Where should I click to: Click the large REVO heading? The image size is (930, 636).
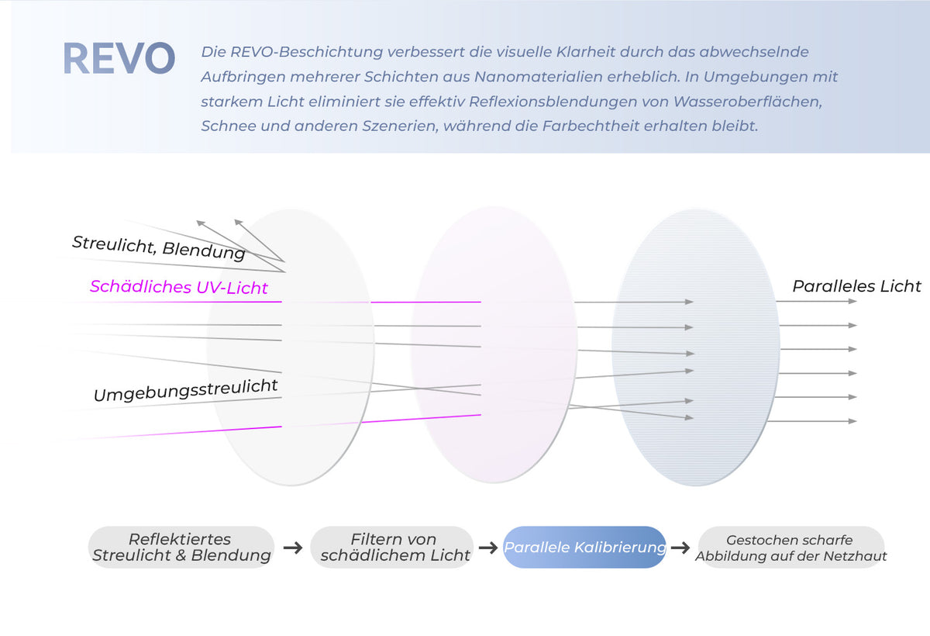[119, 58]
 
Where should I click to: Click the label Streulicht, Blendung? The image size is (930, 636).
[159, 247]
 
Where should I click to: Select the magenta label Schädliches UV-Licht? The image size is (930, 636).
[179, 287]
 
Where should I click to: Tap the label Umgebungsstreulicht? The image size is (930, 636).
[185, 390]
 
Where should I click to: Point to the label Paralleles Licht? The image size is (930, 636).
[856, 286]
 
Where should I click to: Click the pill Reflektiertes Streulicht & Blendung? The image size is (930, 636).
[181, 547]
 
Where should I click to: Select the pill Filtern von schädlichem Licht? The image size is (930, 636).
[392, 547]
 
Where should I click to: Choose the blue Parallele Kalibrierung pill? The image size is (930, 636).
[584, 547]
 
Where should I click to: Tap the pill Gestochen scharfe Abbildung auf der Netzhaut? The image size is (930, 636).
[791, 547]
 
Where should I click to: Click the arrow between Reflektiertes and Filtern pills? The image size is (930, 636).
[293, 548]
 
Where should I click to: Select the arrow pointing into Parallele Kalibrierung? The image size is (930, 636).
[488, 548]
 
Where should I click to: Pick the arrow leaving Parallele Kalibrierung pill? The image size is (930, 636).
[680, 548]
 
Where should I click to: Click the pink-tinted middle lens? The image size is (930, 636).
[494, 345]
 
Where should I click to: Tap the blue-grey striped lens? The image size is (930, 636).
[696, 347]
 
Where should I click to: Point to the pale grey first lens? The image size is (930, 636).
[291, 347]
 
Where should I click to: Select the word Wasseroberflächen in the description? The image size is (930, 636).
[747, 102]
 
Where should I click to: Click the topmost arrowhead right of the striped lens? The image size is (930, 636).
[852, 301]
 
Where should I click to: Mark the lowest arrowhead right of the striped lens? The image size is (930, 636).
[852, 421]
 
